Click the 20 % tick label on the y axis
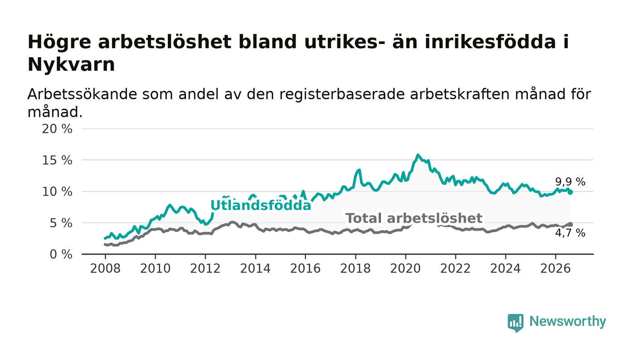click(x=57, y=129)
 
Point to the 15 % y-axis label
click(x=57, y=161)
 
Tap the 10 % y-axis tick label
click(x=57, y=192)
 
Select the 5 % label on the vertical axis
click(x=61, y=224)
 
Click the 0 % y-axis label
click(x=61, y=254)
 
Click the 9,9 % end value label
click(x=570, y=182)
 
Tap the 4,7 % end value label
click(x=570, y=233)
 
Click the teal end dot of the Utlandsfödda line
click(x=571, y=192)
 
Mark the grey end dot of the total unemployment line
click(x=571, y=224)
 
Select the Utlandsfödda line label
click(x=261, y=205)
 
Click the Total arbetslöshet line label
click(x=414, y=218)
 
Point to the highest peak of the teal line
click(x=418, y=155)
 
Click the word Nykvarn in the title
click(x=71, y=65)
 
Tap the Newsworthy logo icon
click(x=515, y=323)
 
